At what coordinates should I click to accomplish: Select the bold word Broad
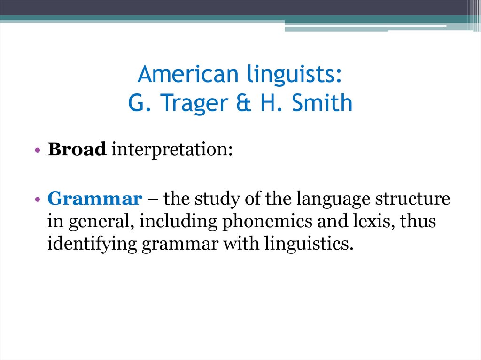click(77, 149)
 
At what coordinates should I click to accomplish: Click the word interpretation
click(171, 150)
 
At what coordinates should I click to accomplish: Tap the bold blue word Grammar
click(94, 199)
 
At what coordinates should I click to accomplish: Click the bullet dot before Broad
click(37, 150)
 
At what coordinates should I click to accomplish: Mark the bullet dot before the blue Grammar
click(37, 200)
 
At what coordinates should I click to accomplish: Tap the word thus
click(417, 221)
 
